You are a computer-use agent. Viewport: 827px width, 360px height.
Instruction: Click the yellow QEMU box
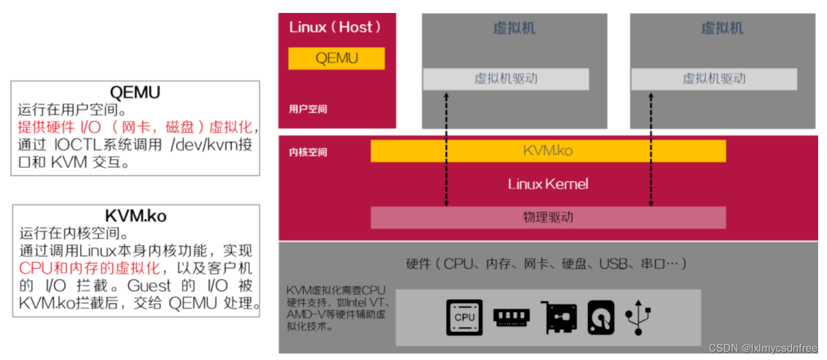pos(336,58)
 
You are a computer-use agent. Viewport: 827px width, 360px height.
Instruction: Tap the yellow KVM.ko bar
pos(548,151)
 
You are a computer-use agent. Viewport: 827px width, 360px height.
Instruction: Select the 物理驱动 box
pos(548,217)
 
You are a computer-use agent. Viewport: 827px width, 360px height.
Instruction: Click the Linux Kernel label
pos(548,184)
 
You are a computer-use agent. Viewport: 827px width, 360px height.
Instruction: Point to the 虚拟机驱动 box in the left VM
pos(506,79)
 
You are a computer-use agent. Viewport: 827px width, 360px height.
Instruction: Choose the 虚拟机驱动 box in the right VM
pos(714,79)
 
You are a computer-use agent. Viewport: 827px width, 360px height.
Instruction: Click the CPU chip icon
pos(464,317)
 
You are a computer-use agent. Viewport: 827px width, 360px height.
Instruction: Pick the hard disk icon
pos(601,318)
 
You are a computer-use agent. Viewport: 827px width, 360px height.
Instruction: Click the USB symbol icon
pos(639,318)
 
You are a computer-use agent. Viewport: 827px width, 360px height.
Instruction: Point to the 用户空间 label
pos(308,109)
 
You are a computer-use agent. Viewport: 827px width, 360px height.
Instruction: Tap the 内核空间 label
pos(308,153)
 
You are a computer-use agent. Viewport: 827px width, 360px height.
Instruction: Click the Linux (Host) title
pos(335,27)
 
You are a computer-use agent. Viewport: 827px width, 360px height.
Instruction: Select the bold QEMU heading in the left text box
pos(135,93)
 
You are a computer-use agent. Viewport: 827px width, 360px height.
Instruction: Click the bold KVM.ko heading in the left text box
pos(135,216)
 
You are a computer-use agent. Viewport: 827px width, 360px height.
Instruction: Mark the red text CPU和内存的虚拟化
pos(90,268)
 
